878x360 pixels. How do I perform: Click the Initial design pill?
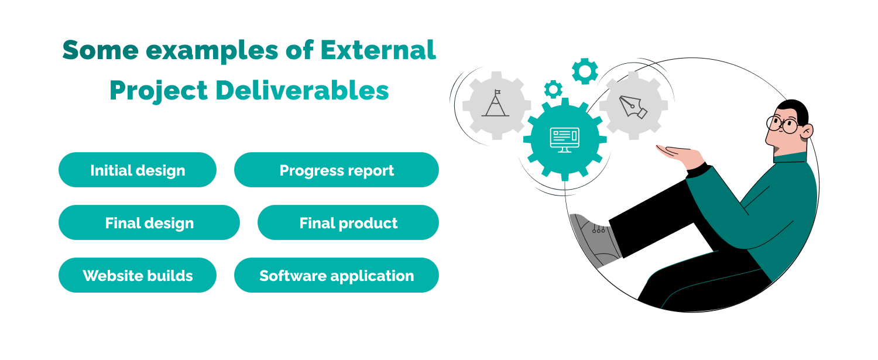138,170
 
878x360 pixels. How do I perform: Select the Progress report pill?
337,170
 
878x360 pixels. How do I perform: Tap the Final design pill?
149,223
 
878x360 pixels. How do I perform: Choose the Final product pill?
348,223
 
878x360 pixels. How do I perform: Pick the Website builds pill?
138,276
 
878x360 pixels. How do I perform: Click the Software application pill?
337,276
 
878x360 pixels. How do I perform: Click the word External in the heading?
378,50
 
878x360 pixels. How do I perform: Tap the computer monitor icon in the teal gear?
564,139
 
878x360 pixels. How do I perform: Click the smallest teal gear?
553,89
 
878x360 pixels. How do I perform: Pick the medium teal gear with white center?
585,71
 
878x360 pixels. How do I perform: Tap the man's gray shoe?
591,237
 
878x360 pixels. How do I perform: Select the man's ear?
806,131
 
